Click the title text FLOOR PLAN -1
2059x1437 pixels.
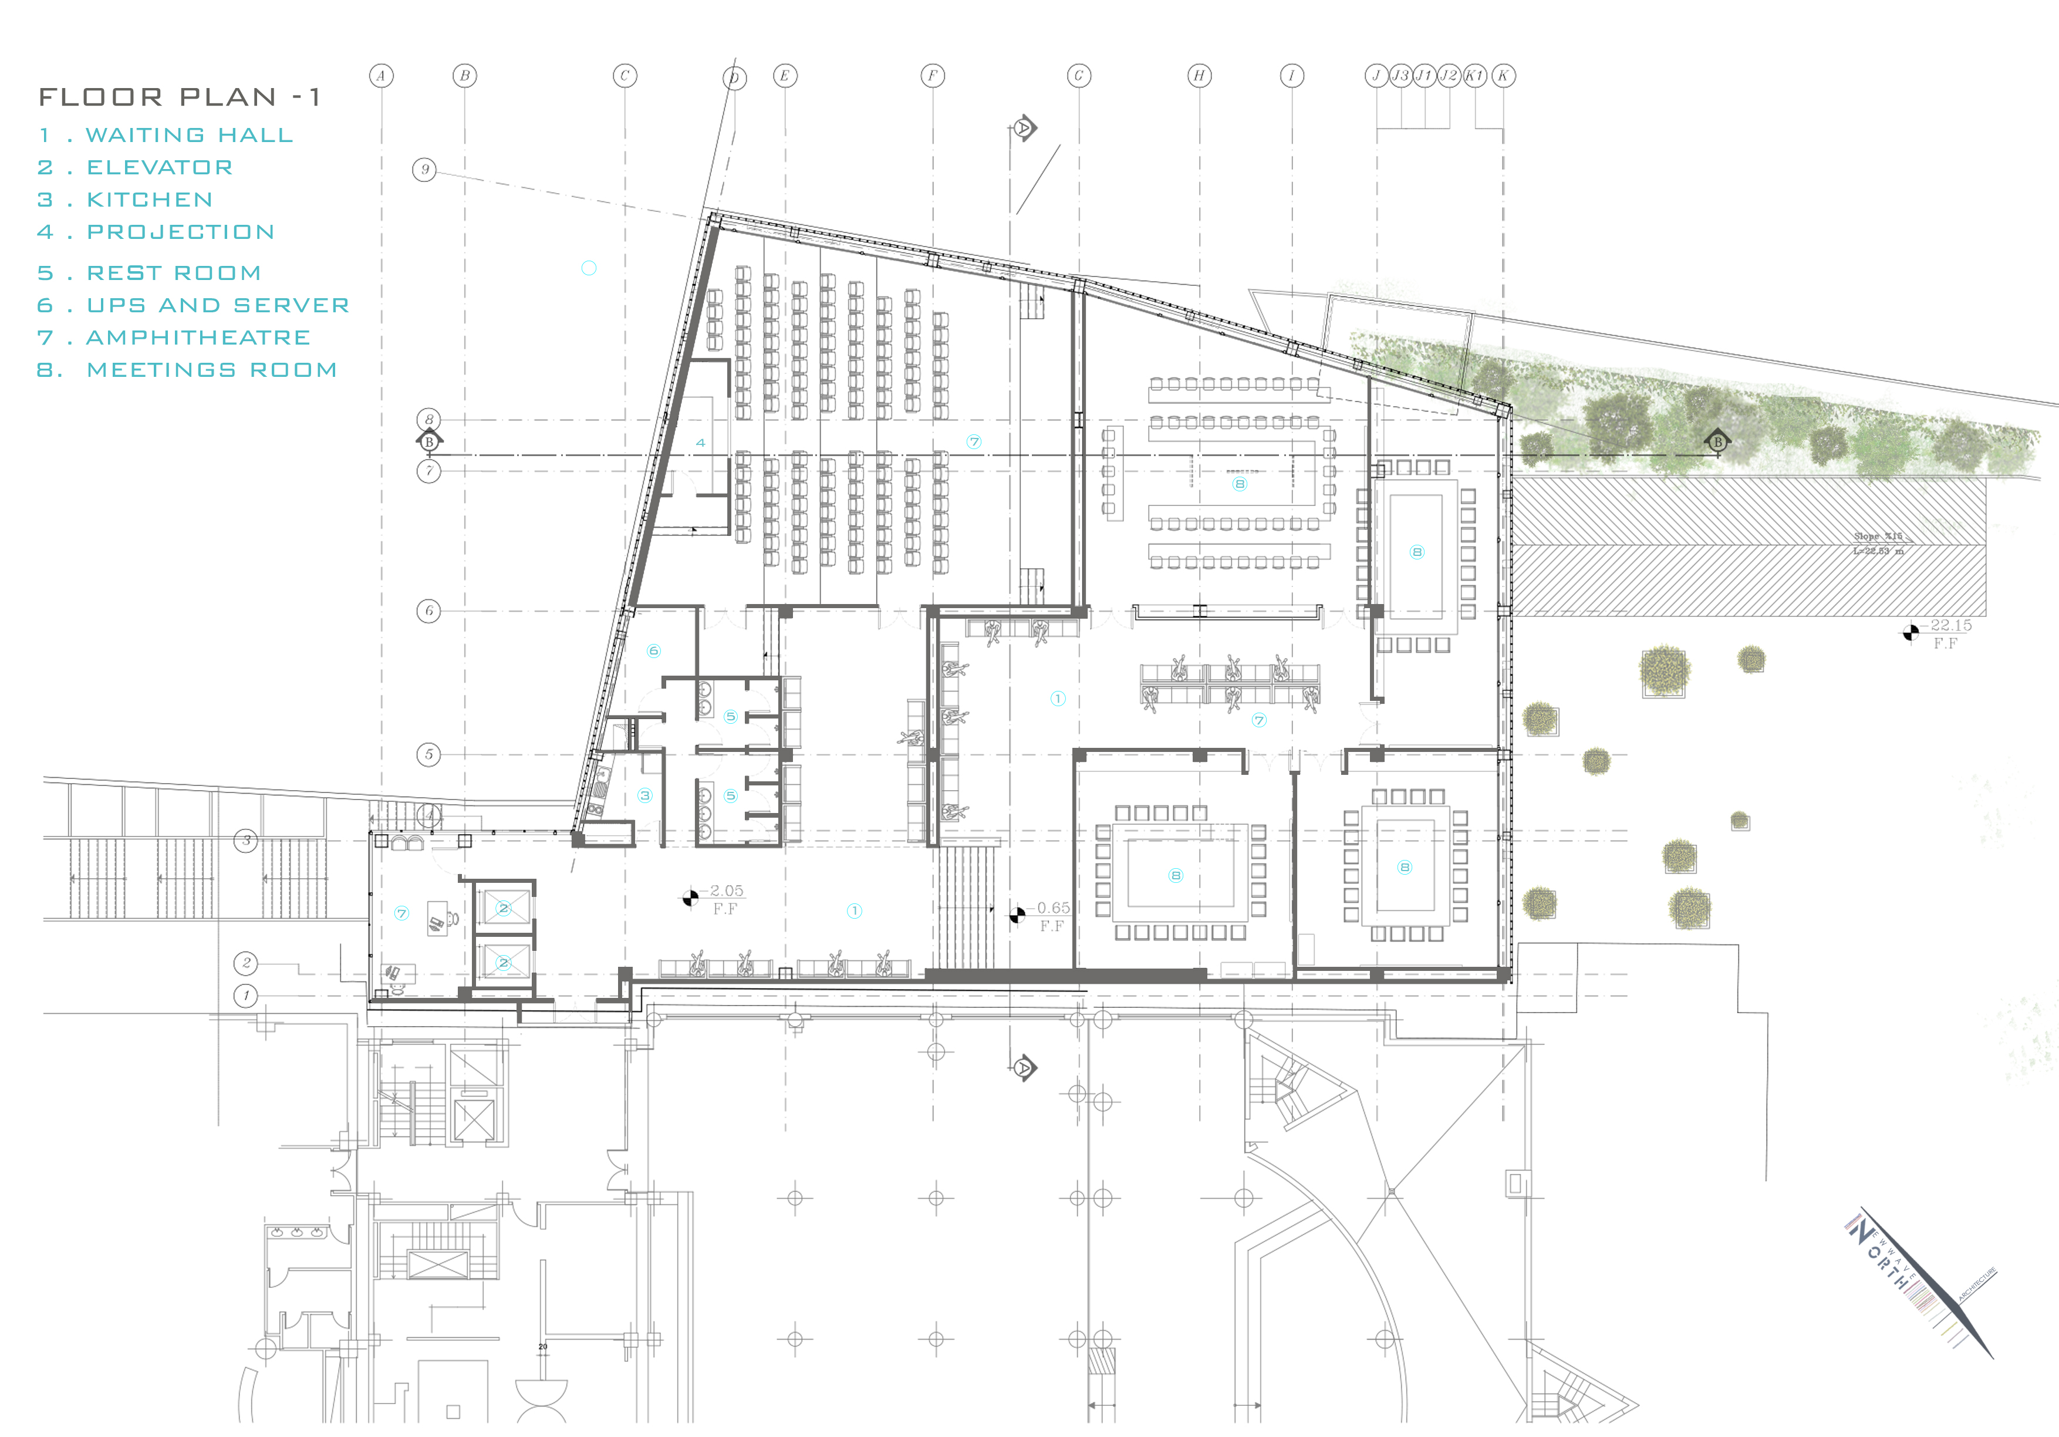(x=180, y=97)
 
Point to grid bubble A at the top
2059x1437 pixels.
(x=381, y=76)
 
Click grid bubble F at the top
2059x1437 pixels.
(x=933, y=76)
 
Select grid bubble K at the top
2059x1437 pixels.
(x=1504, y=76)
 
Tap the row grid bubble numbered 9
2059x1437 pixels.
(x=424, y=170)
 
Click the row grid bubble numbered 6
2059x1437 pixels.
(x=428, y=612)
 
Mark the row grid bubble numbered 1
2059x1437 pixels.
(x=246, y=996)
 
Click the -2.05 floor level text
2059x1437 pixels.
(x=727, y=890)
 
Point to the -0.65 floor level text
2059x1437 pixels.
(x=1053, y=908)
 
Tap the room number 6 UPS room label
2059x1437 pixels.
(x=653, y=651)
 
